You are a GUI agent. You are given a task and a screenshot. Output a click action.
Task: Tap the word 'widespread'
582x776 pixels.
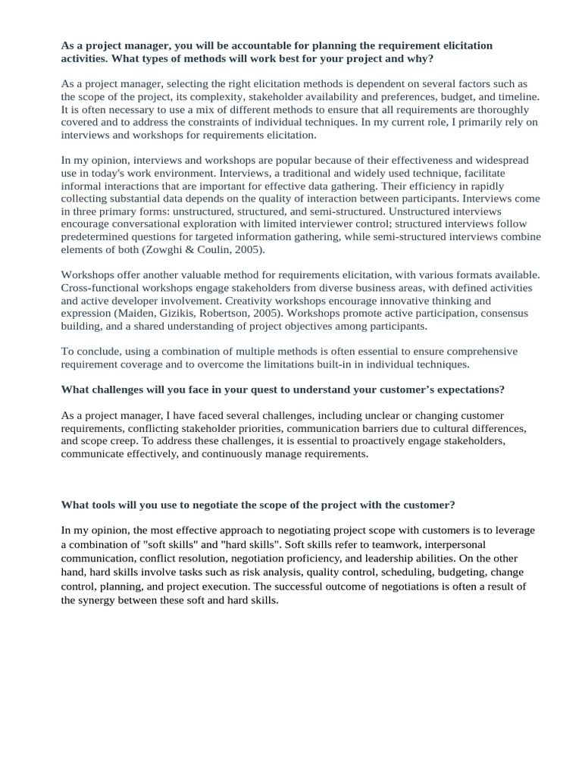coord(501,161)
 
